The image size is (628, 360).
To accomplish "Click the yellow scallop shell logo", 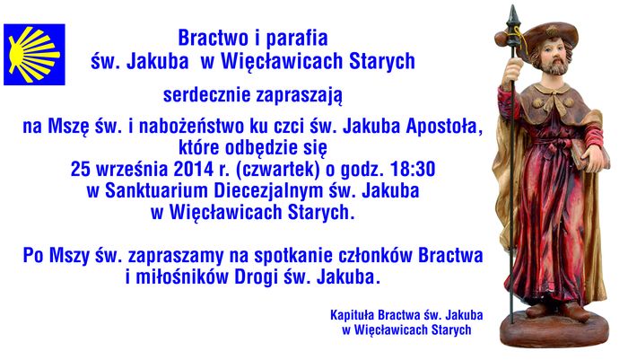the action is click(x=34, y=55).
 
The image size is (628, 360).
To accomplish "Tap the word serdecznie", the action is click(x=205, y=95).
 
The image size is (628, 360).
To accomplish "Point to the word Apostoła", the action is click(x=444, y=126).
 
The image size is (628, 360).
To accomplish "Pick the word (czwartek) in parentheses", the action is click(x=278, y=169).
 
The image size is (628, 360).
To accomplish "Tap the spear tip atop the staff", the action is click(x=512, y=17).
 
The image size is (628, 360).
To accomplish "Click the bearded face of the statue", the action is click(x=554, y=58).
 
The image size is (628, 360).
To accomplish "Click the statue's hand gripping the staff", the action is click(x=512, y=71).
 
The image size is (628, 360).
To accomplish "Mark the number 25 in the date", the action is click(x=79, y=169).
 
